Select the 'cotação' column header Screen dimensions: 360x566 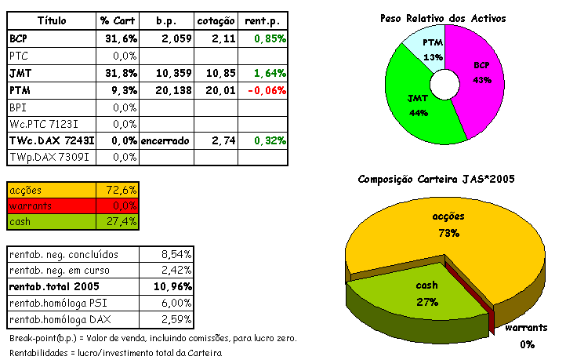click(x=215, y=19)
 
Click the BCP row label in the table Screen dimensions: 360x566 click(x=18, y=38)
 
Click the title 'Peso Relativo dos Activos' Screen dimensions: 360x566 click(x=443, y=17)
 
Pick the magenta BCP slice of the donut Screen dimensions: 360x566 click(x=479, y=75)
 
